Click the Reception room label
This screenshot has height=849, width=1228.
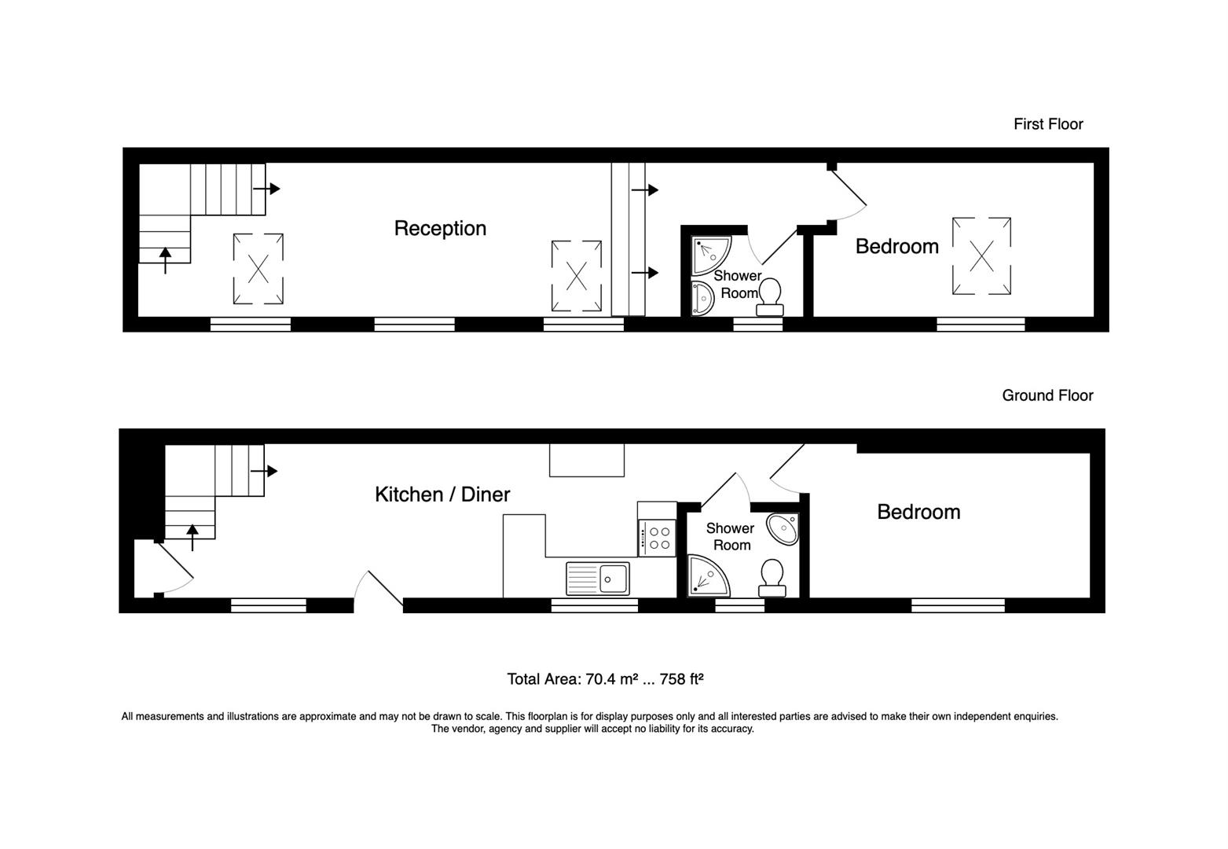(x=440, y=229)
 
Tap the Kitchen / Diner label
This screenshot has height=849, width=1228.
(x=442, y=494)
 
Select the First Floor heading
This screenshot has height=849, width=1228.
(x=1048, y=124)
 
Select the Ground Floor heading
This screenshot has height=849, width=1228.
(x=1047, y=395)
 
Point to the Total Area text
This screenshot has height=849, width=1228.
(x=605, y=679)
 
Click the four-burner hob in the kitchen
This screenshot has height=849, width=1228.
(x=658, y=538)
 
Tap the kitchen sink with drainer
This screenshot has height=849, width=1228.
(x=598, y=579)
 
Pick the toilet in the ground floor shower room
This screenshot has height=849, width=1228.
(x=772, y=578)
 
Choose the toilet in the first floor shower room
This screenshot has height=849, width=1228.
(x=770, y=296)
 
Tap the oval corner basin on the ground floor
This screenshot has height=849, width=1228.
(x=783, y=529)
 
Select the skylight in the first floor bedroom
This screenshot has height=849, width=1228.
(x=981, y=256)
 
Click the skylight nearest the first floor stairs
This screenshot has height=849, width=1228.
(x=258, y=269)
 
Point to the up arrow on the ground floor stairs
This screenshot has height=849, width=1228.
(x=192, y=538)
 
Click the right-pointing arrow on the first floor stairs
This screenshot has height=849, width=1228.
(x=266, y=189)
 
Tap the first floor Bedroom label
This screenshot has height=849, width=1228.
(x=897, y=247)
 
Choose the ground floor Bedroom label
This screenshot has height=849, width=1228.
(x=918, y=513)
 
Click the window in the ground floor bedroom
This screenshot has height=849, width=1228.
(x=958, y=605)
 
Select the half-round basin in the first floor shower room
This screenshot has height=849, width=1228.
(x=702, y=299)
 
